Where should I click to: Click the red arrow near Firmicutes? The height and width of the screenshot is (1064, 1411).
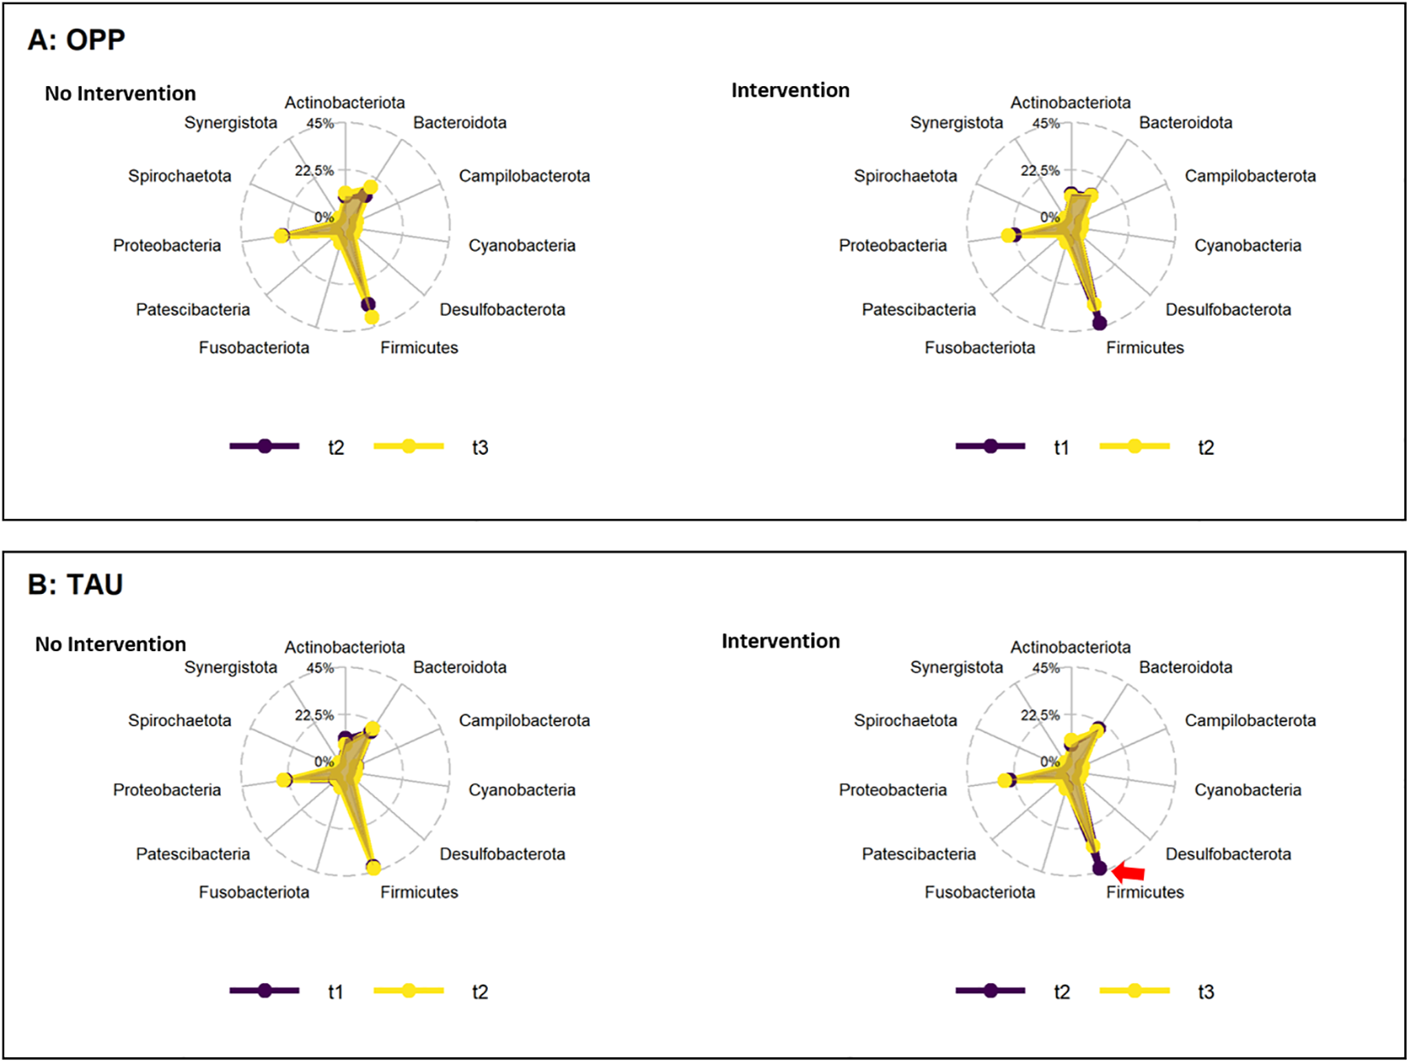[1129, 872]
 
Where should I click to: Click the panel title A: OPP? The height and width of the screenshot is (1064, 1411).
[77, 40]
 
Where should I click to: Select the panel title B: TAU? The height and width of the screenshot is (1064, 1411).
[75, 584]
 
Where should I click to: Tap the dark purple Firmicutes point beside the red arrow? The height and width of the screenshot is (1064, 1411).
[1100, 868]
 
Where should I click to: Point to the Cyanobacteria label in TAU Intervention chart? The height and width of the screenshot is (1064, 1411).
[1247, 790]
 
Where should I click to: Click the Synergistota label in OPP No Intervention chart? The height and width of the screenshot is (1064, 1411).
[230, 123]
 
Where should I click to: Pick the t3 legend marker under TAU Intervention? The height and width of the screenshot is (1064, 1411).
[1135, 991]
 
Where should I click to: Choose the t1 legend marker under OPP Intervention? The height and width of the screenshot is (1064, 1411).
[990, 446]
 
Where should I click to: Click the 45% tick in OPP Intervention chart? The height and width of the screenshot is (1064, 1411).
[1046, 124]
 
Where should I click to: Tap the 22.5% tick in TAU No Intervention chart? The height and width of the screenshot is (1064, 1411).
[314, 715]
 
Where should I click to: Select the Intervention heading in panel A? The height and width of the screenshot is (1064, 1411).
[790, 90]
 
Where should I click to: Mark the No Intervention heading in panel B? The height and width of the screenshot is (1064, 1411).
[110, 644]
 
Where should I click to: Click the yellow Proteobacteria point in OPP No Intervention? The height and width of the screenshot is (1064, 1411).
[282, 235]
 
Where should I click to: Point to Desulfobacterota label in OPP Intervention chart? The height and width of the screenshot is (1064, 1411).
[1228, 310]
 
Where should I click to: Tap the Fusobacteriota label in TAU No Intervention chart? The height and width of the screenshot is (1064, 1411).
[253, 892]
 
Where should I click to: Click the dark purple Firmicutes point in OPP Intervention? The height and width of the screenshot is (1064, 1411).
[1100, 323]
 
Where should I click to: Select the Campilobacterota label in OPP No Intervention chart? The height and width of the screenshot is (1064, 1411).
[524, 177]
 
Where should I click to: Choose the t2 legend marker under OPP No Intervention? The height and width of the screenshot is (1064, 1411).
[264, 446]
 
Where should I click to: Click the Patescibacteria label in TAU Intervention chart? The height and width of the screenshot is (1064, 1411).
[918, 854]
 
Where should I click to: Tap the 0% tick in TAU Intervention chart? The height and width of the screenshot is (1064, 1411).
[1049, 761]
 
